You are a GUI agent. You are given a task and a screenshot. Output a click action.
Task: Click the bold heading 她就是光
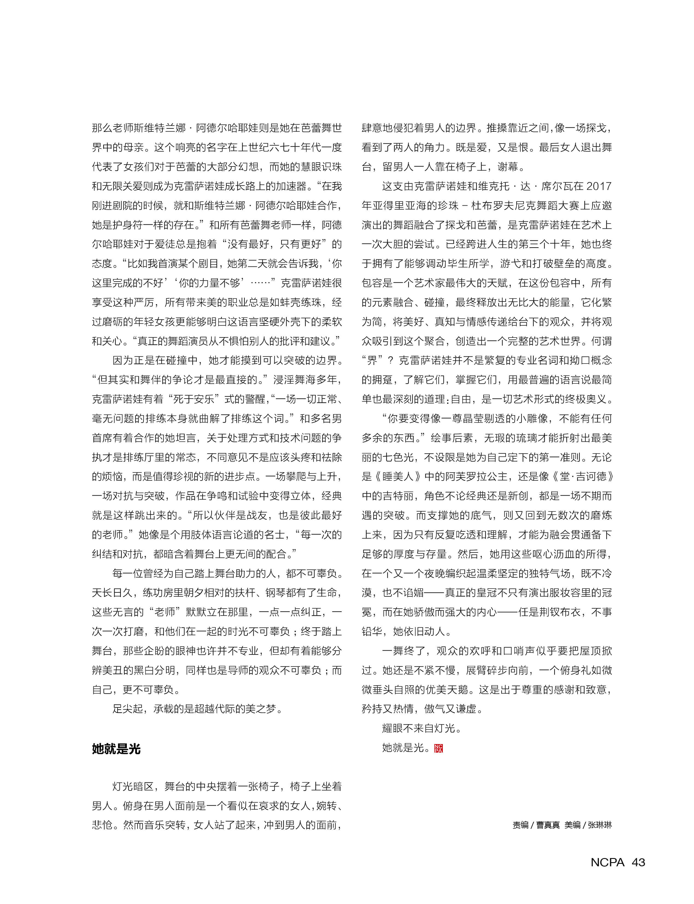[116, 749]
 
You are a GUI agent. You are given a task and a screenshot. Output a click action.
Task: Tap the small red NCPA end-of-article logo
[438, 748]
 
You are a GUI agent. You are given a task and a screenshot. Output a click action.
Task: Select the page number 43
[638, 862]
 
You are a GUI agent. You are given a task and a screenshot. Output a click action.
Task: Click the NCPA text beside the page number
[607, 862]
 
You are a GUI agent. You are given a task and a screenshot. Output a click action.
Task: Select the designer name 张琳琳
[600, 825]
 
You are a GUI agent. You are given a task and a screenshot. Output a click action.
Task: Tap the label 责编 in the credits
[520, 825]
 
